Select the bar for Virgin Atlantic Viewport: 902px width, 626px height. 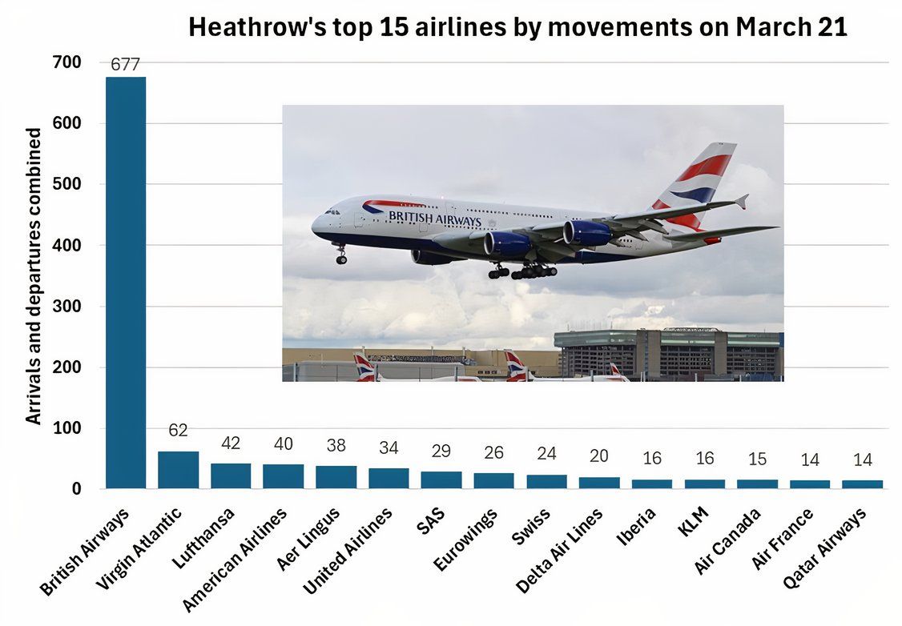[x=178, y=470]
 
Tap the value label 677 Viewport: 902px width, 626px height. [x=126, y=65]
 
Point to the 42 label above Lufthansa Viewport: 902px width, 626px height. [x=231, y=443]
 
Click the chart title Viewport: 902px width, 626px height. [x=517, y=27]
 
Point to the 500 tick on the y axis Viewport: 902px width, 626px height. [x=70, y=184]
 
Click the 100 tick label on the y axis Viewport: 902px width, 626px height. [x=70, y=428]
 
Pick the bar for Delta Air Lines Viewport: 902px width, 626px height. [x=599, y=483]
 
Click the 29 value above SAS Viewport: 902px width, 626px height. [x=441, y=451]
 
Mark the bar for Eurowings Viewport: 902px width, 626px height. [x=493, y=480]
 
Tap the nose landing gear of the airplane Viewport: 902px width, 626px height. [x=341, y=255]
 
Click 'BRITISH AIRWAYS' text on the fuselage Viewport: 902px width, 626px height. [x=434, y=218]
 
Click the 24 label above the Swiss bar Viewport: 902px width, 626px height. [x=546, y=454]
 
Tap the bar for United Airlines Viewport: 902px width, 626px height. [x=389, y=479]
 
